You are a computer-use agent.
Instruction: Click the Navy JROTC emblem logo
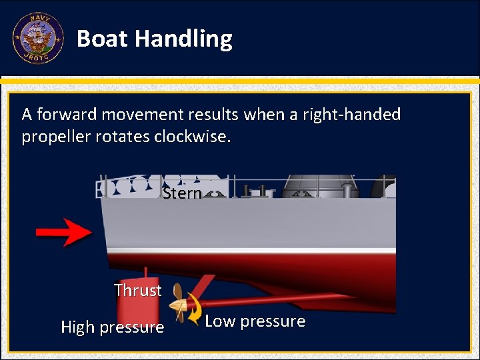coord(38,38)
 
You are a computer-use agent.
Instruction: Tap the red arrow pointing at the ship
coord(64,232)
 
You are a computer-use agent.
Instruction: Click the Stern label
coord(182,193)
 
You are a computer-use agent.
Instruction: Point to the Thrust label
coord(137,291)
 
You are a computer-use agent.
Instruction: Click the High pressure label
coord(112,327)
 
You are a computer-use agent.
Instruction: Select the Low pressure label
coord(255,321)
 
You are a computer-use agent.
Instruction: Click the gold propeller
coord(179,303)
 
